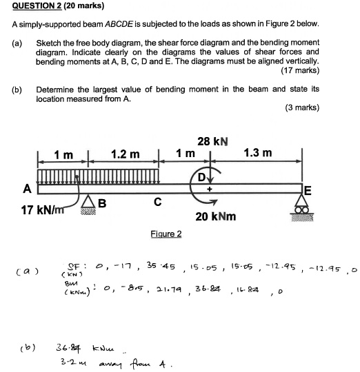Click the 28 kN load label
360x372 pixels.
pos(213,142)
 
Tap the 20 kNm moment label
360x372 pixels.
pos(216,216)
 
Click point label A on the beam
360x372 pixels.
pos(27,188)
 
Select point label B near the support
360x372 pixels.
pos(101,203)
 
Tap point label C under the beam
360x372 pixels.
pos(158,203)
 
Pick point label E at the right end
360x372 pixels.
pos(308,193)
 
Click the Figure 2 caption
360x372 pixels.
pos(166,234)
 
